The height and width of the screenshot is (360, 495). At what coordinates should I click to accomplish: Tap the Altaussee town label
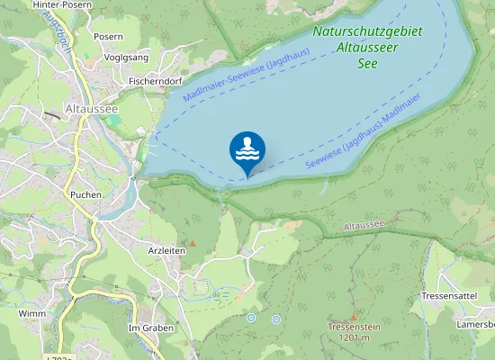pos(92,109)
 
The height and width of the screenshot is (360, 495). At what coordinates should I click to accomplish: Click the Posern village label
pos(108,37)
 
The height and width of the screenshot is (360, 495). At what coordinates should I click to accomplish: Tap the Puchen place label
pos(85,194)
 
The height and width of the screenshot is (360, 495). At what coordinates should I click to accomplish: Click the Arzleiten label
pos(166,250)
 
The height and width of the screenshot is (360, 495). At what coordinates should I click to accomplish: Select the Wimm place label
pos(31,313)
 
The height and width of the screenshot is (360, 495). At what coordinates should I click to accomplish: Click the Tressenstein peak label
pos(355,327)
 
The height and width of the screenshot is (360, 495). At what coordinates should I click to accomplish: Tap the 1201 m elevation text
pos(355,338)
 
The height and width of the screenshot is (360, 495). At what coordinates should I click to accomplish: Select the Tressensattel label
pos(448,295)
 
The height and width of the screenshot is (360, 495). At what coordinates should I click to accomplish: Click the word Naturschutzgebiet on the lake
pos(367,31)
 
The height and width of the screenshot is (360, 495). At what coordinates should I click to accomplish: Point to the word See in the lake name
pos(367,62)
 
